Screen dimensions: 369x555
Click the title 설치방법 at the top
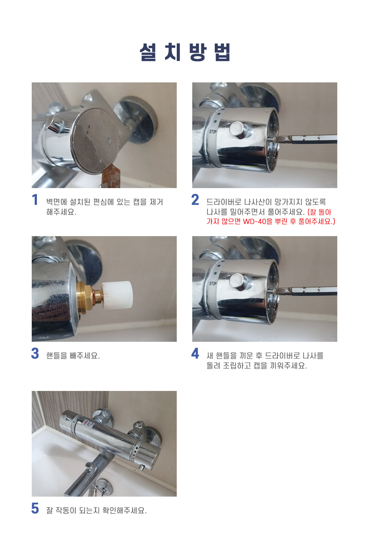[185, 52]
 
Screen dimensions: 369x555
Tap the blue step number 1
[35, 200]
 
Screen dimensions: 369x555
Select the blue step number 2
[195, 200]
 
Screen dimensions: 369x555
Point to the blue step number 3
[35, 353]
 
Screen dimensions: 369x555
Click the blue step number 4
[195, 353]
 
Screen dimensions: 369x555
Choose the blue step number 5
[35, 508]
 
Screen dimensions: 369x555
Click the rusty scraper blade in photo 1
[110, 176]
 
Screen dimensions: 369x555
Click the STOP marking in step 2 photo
[213, 132]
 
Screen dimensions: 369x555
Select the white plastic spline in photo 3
[117, 295]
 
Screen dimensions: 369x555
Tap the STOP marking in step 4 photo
[213, 283]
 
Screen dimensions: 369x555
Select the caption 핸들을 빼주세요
[73, 356]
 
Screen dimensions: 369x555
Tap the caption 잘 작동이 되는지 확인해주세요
[97, 510]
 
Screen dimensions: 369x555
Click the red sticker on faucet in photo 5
[88, 425]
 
